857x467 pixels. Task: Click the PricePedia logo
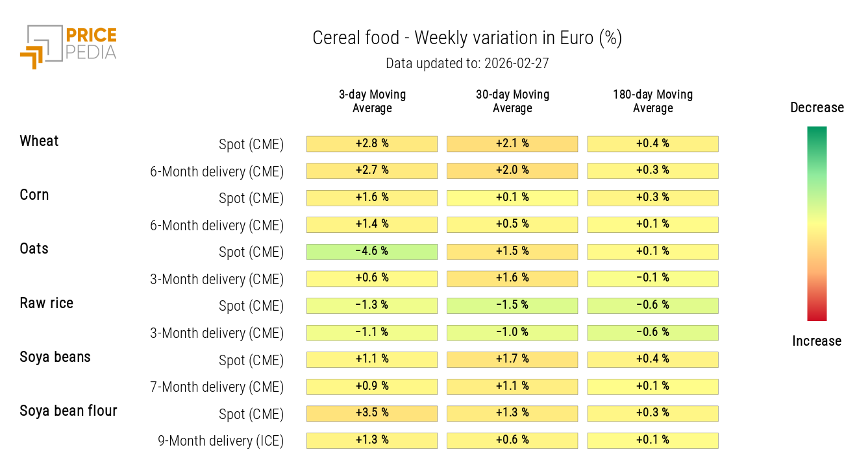coord(68,45)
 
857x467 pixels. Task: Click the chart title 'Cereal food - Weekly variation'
coord(467,38)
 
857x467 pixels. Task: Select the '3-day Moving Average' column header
coord(372,101)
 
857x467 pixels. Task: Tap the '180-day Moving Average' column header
coord(652,101)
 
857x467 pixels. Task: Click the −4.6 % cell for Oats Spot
coord(372,252)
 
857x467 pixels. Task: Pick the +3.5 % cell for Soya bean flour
coord(372,413)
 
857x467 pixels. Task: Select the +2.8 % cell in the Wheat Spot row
coord(372,143)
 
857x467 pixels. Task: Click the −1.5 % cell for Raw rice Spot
coord(512,305)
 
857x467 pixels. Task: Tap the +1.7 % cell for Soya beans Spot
coord(512,359)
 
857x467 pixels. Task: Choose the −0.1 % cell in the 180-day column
coord(652,278)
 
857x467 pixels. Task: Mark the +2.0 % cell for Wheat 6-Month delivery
coord(512,171)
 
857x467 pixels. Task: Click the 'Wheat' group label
coord(39,141)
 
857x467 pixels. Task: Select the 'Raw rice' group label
coord(46,304)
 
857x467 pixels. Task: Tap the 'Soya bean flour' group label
coord(68,411)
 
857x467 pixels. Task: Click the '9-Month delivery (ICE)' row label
coord(221,441)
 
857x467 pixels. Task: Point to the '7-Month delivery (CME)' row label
coord(217,387)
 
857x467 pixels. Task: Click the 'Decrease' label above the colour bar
coord(817,108)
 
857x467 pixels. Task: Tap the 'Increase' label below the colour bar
coord(817,341)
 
